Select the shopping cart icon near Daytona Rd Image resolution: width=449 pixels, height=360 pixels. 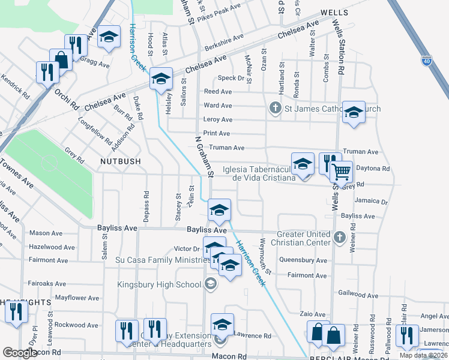(x=341, y=173)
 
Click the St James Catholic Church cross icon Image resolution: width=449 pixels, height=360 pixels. (x=275, y=109)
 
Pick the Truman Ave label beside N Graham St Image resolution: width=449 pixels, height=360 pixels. (x=227, y=148)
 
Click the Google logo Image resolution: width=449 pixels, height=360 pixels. (x=20, y=353)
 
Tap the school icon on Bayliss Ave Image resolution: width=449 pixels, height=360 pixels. (x=219, y=210)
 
